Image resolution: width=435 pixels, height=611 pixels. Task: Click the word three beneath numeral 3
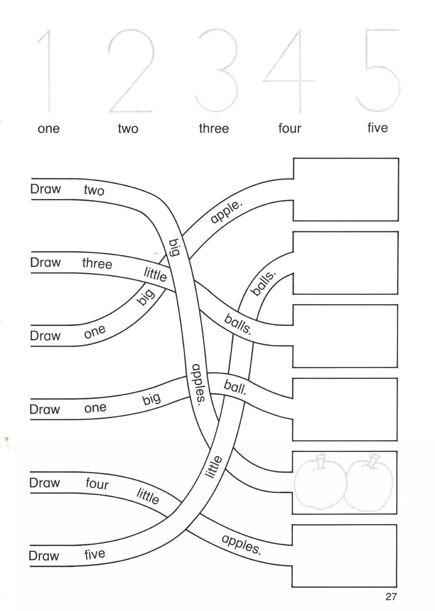point(214,128)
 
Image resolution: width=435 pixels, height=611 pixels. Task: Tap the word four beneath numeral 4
point(290,128)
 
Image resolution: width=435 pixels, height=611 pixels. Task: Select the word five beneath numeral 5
point(377,128)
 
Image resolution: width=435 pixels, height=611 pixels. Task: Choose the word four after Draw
point(97,484)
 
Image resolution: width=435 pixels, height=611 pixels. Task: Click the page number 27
point(391,597)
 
